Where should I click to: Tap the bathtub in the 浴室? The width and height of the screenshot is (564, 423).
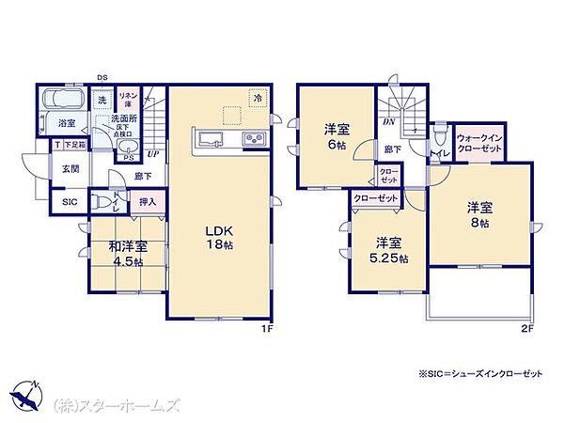64,99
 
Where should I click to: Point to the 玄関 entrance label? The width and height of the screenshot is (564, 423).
70,170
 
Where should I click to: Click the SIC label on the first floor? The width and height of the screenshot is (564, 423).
70,202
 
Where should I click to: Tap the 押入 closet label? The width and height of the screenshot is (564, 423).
147,201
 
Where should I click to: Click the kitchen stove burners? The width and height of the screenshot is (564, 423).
255,141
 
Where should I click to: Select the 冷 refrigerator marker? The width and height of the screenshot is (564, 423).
256,96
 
